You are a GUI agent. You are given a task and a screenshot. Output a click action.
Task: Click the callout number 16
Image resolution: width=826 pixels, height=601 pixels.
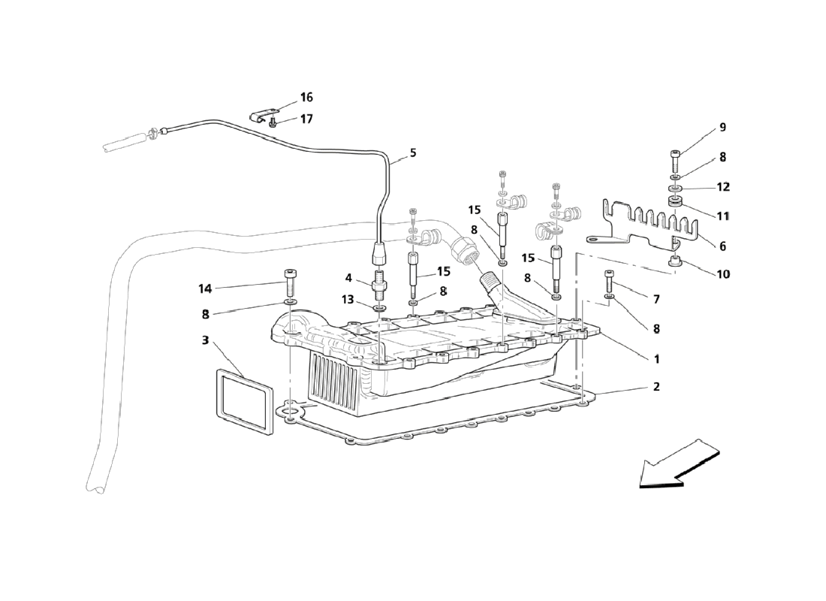pyautogui.click(x=306, y=98)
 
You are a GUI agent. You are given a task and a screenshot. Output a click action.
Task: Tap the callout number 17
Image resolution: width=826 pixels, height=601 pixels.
pyautogui.click(x=306, y=119)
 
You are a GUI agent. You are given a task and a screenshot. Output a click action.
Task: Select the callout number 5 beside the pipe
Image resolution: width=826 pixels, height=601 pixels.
pyautogui.click(x=413, y=153)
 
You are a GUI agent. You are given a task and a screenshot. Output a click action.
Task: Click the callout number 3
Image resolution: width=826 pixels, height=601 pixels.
pyautogui.click(x=206, y=340)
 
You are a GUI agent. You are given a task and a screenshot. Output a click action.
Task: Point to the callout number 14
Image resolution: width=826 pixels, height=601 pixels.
pyautogui.click(x=205, y=289)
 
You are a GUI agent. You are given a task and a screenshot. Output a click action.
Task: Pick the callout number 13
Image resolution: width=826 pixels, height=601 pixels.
pyautogui.click(x=348, y=300)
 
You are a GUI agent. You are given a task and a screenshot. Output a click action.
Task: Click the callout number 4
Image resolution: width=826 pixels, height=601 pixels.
pyautogui.click(x=348, y=278)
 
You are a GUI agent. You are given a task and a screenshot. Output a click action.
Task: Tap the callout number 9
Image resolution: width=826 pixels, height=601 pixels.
pyautogui.click(x=722, y=127)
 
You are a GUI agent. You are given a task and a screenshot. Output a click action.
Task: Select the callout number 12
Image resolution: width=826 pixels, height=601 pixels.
pyautogui.click(x=723, y=187)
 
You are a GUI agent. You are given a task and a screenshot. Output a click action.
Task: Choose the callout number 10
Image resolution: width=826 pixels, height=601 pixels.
pyautogui.click(x=723, y=274)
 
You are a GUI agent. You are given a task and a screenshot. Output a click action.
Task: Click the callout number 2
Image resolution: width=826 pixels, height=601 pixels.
pyautogui.click(x=656, y=386)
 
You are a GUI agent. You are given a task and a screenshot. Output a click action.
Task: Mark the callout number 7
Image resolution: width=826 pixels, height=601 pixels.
pyautogui.click(x=656, y=300)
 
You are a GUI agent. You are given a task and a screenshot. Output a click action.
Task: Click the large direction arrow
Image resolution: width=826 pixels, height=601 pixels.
pyautogui.click(x=679, y=463)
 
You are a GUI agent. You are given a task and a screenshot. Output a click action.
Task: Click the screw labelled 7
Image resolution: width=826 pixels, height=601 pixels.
pyautogui.click(x=610, y=282)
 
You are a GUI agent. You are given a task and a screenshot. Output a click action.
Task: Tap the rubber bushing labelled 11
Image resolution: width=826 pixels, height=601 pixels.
pyautogui.click(x=675, y=201)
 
